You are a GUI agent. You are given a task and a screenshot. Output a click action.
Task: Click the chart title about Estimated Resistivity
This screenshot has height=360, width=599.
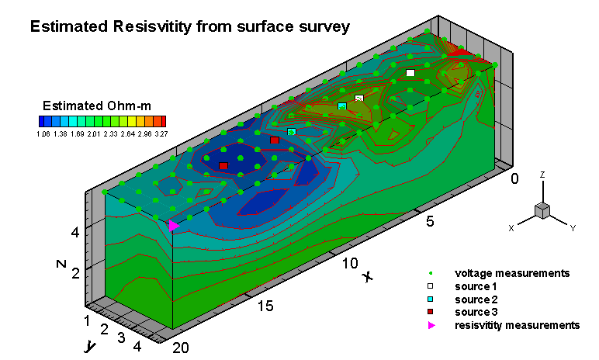(x=190, y=26)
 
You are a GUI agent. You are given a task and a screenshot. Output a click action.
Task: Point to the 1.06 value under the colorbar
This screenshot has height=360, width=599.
(x=43, y=133)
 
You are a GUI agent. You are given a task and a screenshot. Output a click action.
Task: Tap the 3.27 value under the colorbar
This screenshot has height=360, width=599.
(x=161, y=133)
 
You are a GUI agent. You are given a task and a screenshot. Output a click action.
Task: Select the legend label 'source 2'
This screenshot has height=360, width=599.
(x=473, y=299)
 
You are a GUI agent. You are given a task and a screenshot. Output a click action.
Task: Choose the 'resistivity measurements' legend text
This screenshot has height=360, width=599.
(x=518, y=324)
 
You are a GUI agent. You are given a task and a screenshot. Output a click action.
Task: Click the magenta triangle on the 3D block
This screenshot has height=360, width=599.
(x=173, y=226)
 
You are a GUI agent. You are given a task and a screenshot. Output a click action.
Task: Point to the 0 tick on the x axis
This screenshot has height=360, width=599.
(x=514, y=179)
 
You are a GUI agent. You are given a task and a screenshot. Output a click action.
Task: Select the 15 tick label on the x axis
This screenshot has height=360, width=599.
(x=266, y=306)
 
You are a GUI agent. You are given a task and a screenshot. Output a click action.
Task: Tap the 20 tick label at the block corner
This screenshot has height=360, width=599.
(x=181, y=348)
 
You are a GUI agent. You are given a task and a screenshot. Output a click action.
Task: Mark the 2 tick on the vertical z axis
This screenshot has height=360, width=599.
(x=76, y=273)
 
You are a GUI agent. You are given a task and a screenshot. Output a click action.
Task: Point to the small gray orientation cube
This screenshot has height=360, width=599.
(x=542, y=210)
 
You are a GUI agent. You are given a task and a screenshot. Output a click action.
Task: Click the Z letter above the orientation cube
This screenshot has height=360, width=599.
(x=543, y=176)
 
